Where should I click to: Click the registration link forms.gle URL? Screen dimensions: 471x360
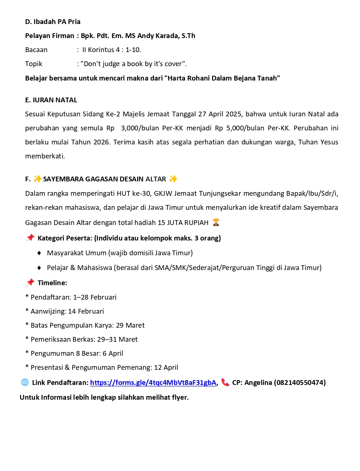coord(153,383)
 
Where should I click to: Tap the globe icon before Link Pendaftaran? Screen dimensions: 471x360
coord(25,382)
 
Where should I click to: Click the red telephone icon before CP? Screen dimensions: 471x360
coord(225,382)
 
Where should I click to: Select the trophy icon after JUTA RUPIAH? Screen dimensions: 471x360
coord(216,222)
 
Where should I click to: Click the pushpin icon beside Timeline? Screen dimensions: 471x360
coord(30,283)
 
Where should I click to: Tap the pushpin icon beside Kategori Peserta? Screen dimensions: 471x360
coord(30,238)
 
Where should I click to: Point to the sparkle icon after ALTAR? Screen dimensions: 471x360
coord(173,179)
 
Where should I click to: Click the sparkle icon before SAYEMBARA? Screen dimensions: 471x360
coord(37,179)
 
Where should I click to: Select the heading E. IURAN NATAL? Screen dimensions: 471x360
coord(51,100)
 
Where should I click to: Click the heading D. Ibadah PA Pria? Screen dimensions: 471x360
coord(53,22)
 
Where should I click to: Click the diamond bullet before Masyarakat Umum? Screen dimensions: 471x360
coord(39,253)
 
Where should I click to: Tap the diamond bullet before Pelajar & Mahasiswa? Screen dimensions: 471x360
coord(39,268)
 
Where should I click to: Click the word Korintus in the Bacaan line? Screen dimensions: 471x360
coord(101,50)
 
